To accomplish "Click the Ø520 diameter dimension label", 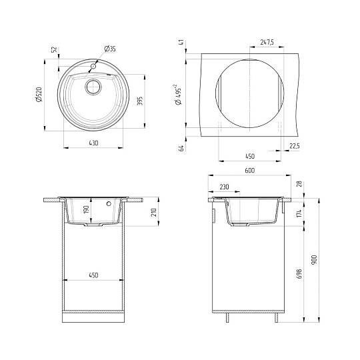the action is [39, 94].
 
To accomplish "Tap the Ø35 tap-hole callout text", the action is [110, 49].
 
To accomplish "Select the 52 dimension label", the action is [55, 49].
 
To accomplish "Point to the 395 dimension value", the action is [140, 101].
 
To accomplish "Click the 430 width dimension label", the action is [93, 143].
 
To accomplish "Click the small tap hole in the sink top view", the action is [93, 67].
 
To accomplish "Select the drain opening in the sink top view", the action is [93, 87].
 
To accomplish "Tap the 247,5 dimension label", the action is [267, 42].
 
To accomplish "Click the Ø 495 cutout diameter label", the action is [178, 95].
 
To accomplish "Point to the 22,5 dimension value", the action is [295, 146].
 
